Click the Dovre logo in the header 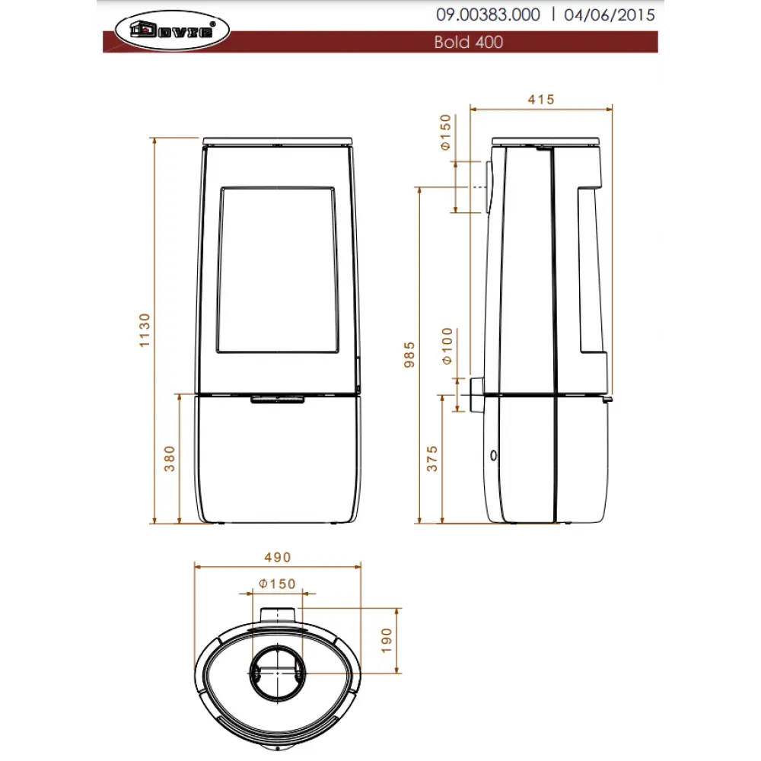pos(172,30)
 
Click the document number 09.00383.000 pos(488,14)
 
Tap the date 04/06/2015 pos(609,14)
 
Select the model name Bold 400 pos(468,42)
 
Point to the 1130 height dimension pos(145,330)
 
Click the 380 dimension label pos(170,459)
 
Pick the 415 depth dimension pos(540,100)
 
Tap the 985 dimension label pos(409,355)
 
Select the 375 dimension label pos(432,459)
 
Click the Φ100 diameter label pos(447,346)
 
